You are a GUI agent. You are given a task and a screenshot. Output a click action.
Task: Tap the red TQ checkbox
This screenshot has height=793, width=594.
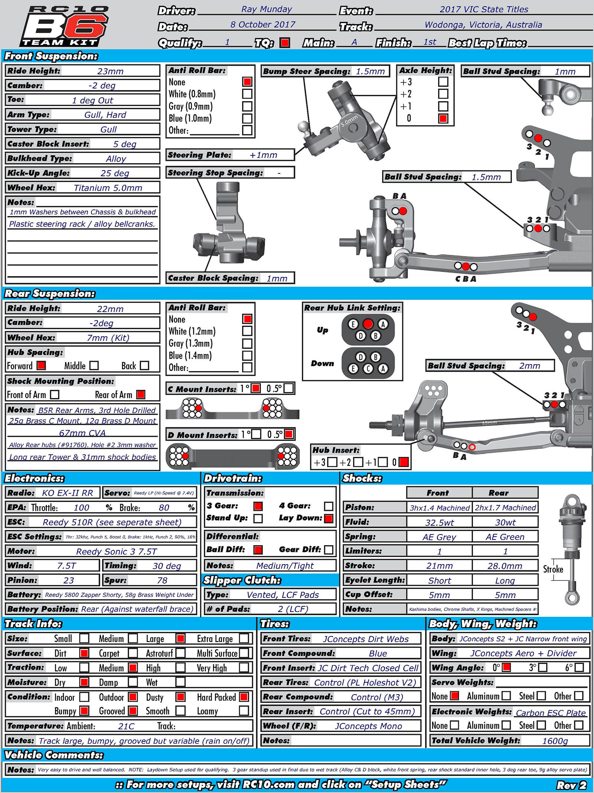click(x=285, y=43)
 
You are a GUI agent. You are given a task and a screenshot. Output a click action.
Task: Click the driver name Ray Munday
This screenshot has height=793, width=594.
click(x=267, y=9)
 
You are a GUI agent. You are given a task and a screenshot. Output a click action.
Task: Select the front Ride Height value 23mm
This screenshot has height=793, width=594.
click(x=110, y=71)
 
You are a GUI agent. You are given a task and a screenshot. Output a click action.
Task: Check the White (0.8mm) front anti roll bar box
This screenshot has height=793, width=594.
click(x=247, y=94)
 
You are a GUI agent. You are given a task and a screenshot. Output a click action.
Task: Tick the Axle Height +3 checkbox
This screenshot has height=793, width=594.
click(x=443, y=82)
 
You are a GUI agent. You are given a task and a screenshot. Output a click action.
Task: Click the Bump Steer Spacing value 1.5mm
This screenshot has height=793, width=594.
click(x=370, y=71)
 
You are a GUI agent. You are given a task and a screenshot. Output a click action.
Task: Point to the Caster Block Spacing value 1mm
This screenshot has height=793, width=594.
click(x=277, y=278)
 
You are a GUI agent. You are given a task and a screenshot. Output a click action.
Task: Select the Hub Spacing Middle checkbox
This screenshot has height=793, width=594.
click(x=94, y=366)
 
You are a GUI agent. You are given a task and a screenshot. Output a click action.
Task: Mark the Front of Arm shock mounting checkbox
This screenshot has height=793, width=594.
click(x=55, y=394)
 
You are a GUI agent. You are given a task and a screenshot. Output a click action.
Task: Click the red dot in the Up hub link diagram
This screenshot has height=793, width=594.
click(x=368, y=324)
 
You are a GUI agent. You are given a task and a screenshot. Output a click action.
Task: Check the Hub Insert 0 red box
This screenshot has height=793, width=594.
click(x=404, y=462)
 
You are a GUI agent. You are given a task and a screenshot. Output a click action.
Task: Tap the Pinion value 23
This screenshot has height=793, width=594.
click(x=69, y=580)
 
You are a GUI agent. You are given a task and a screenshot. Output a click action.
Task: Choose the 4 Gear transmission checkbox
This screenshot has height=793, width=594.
click(x=328, y=506)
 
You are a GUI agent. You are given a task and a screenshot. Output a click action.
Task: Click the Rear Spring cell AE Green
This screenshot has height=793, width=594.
click(x=505, y=537)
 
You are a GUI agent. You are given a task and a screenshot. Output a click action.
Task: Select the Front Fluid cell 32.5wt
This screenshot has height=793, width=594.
click(x=439, y=522)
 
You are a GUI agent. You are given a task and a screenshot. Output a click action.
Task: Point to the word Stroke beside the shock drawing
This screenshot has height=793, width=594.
click(x=553, y=569)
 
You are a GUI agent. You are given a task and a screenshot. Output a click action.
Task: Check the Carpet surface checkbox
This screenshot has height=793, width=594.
click(x=133, y=653)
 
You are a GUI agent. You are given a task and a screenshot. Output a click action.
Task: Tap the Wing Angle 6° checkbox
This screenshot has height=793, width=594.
click(x=579, y=667)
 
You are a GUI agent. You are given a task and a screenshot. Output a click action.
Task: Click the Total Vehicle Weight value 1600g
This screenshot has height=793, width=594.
click(x=555, y=741)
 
